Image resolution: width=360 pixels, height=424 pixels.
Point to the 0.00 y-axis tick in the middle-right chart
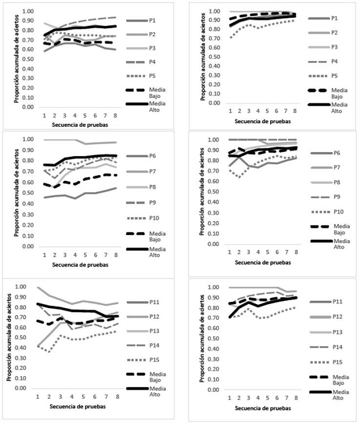(212, 244)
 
